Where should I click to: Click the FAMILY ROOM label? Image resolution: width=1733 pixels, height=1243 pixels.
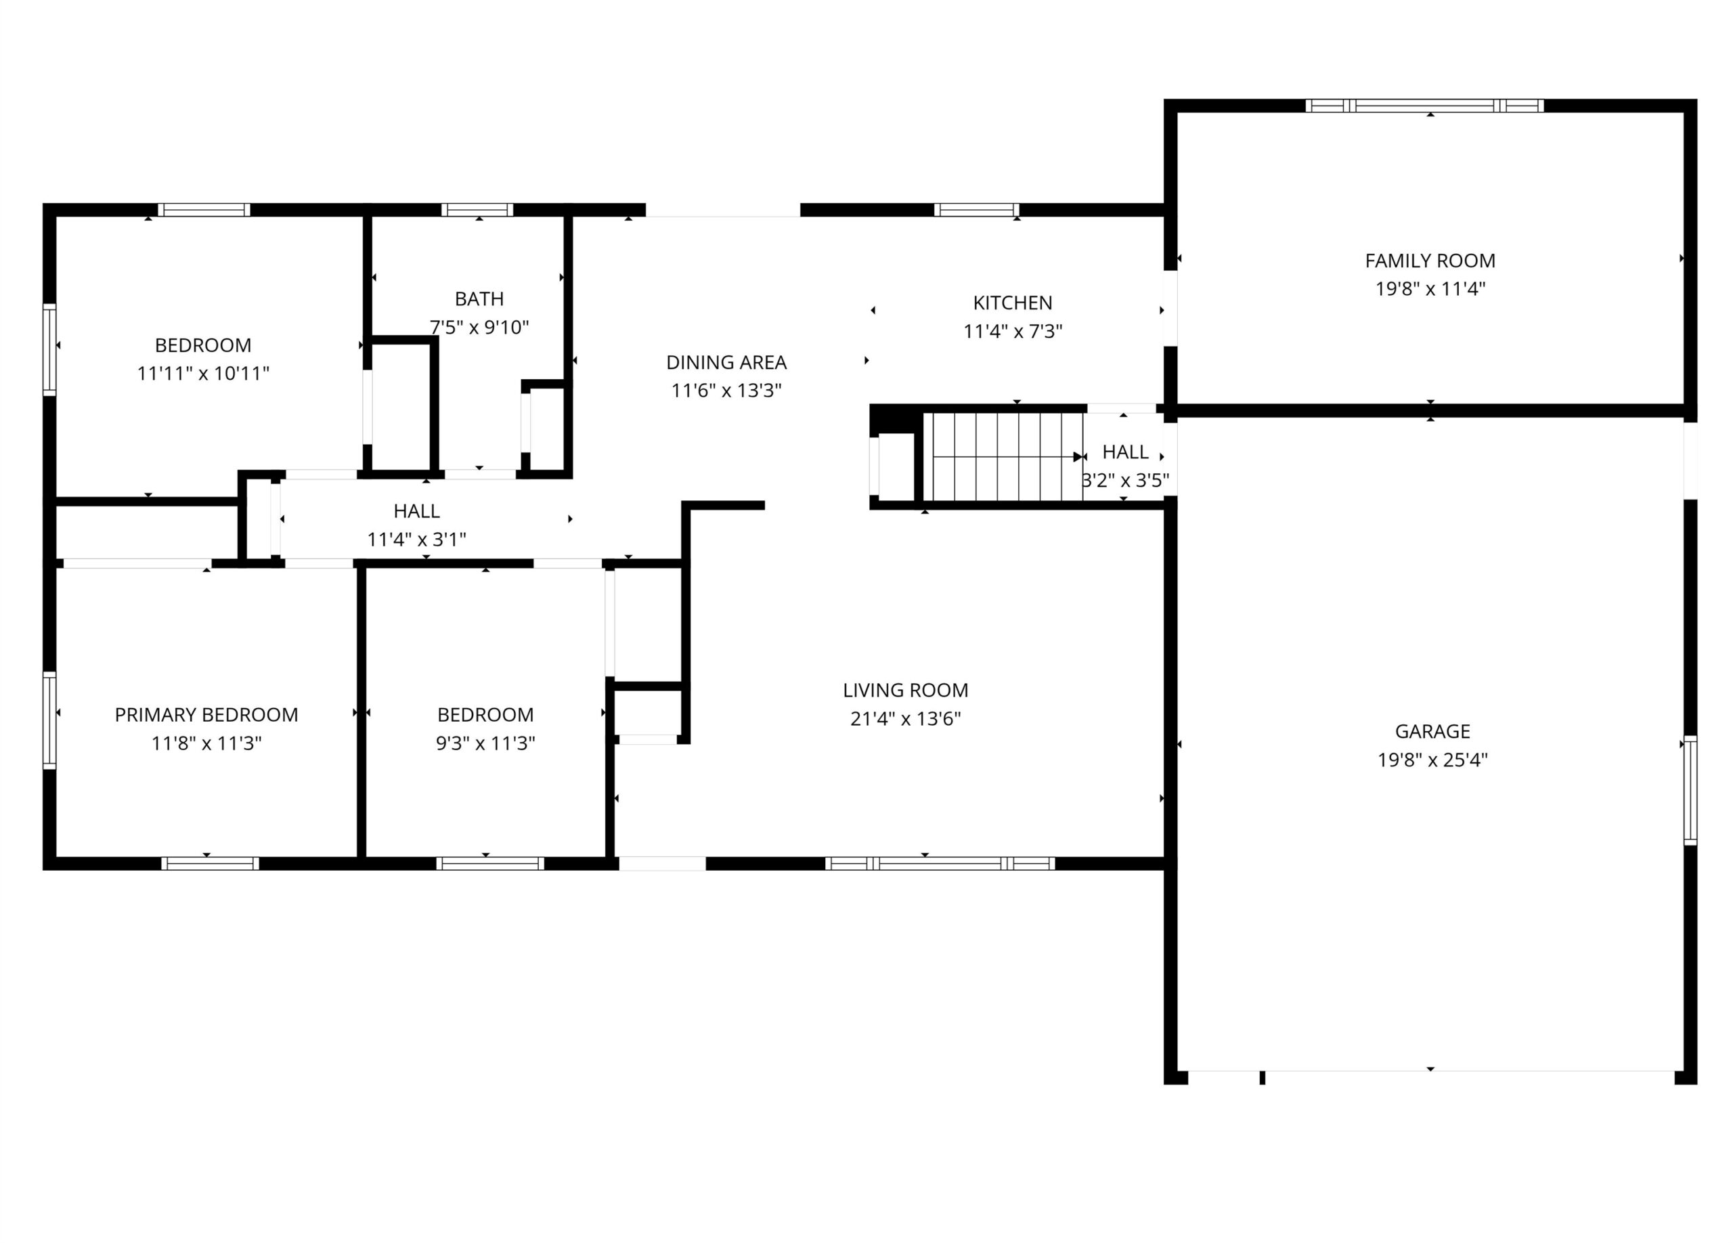pos(1430,261)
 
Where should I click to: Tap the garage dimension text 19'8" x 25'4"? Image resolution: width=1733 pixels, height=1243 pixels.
pos(1432,760)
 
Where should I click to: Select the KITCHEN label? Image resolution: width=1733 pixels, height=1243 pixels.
pos(1013,303)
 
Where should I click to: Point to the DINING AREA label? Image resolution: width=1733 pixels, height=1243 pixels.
pos(726,362)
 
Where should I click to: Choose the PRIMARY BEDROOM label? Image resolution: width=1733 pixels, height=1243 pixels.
pos(206,714)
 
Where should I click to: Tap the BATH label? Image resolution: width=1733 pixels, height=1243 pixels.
pos(479,299)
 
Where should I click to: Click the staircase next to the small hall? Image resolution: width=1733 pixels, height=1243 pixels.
pos(1003,456)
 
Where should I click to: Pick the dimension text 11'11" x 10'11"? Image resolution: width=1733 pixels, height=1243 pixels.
pos(203,374)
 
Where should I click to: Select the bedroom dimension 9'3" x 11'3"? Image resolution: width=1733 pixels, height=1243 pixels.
pos(485,743)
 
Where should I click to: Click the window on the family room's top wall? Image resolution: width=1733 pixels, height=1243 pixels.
pos(1424,106)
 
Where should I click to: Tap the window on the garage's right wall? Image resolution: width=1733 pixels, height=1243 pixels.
pos(1690,790)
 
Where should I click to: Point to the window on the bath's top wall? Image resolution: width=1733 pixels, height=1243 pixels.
pos(477,210)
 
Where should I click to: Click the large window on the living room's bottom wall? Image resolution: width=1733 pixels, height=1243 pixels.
pos(940,863)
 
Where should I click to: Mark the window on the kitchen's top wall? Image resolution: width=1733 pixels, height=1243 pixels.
pos(977,210)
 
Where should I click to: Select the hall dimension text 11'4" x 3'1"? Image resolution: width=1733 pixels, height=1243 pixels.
pos(416,540)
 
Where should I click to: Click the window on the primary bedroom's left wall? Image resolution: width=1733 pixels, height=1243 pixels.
pos(49,720)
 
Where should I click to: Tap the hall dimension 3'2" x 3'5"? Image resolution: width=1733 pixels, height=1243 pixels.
pos(1125,481)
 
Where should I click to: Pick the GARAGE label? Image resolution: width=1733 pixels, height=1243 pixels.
pos(1432,731)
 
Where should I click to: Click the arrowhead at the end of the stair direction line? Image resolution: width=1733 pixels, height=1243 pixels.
pos(1078,457)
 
